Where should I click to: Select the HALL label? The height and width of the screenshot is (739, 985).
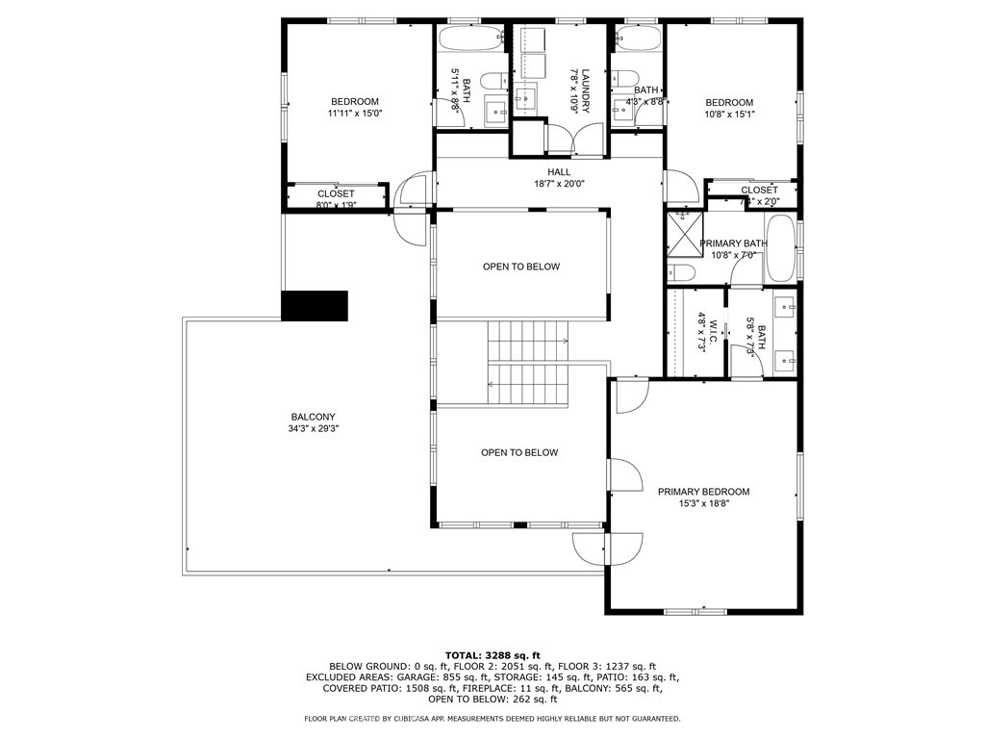point(559,172)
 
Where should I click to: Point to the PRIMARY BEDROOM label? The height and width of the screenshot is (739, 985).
point(703,492)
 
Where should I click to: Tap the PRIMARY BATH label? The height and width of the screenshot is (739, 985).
point(732,243)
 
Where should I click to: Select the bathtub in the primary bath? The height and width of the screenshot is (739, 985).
point(780,249)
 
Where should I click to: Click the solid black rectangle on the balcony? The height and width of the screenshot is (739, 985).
point(314,305)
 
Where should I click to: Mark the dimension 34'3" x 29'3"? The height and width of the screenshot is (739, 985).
point(314,429)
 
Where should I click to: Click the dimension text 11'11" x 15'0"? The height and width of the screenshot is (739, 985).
point(355,114)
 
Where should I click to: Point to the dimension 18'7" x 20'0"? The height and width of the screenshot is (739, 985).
point(559,184)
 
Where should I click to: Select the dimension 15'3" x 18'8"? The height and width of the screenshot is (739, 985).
point(703,503)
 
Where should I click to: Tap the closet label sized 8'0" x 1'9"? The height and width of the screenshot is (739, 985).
point(336,194)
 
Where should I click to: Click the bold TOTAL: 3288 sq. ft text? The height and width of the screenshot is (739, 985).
point(492,654)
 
